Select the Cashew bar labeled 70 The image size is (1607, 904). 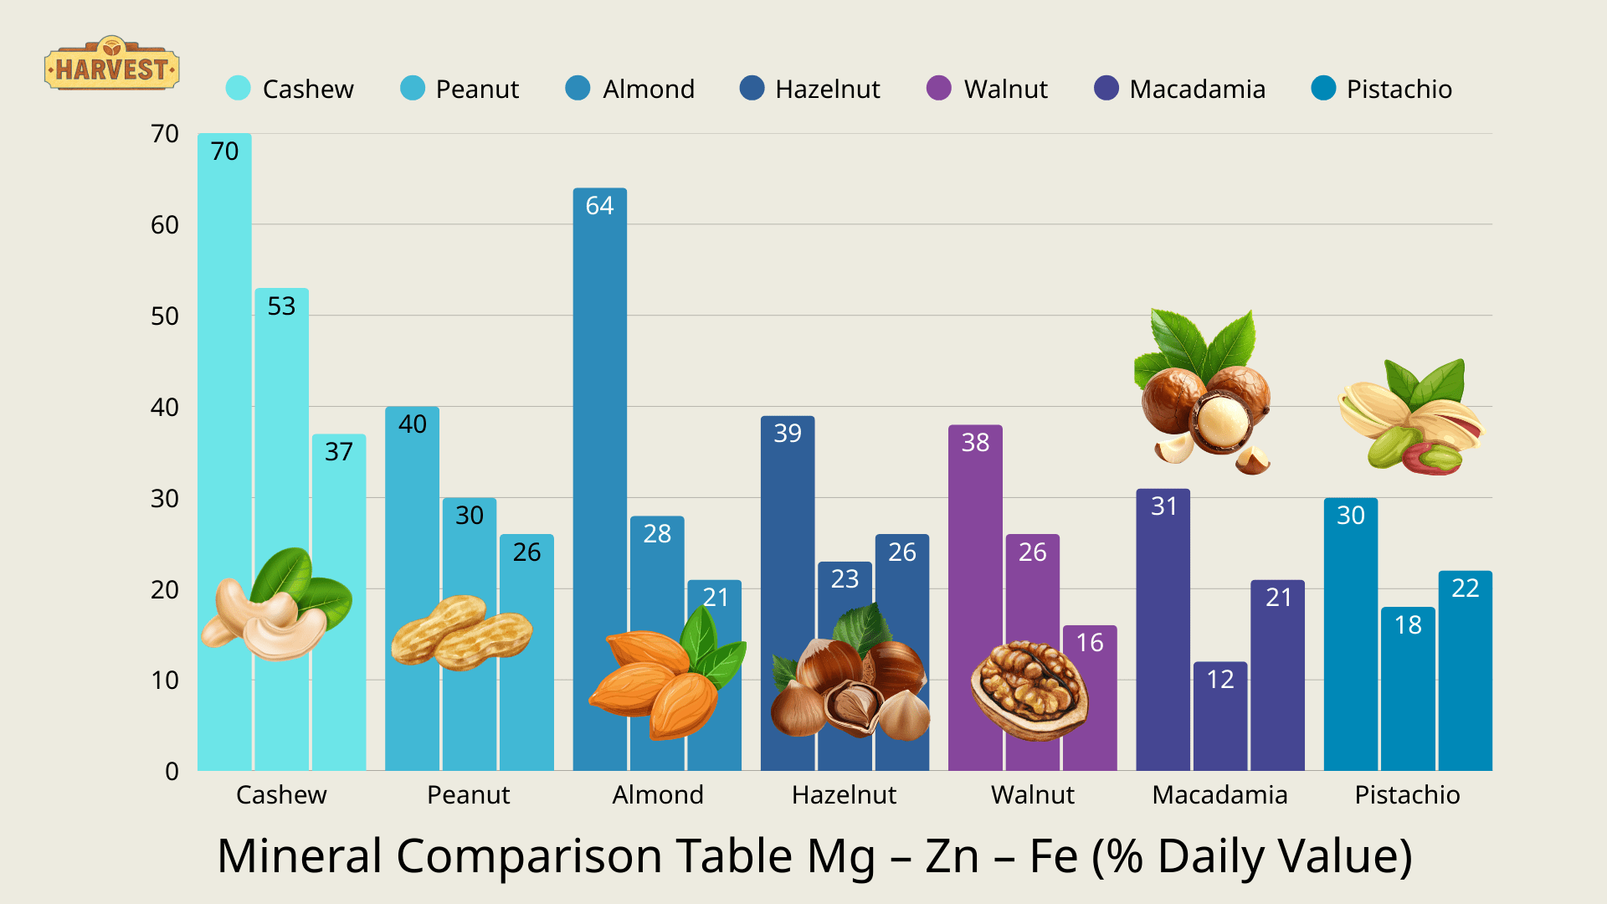[x=224, y=377]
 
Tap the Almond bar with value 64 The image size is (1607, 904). [x=599, y=419]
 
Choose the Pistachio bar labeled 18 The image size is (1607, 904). [x=1408, y=695]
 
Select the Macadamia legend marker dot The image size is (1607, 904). [x=1106, y=88]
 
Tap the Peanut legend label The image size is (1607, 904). [x=477, y=89]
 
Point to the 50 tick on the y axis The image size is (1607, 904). [x=165, y=316]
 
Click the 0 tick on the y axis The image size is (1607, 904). [x=172, y=771]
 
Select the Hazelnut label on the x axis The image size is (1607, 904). [x=844, y=794]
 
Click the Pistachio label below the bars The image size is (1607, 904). [x=1407, y=794]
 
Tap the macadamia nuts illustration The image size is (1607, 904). [x=1204, y=393]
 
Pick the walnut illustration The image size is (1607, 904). [x=1029, y=691]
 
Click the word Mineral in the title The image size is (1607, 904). [x=299, y=856]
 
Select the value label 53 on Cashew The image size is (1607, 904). [x=281, y=306]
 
